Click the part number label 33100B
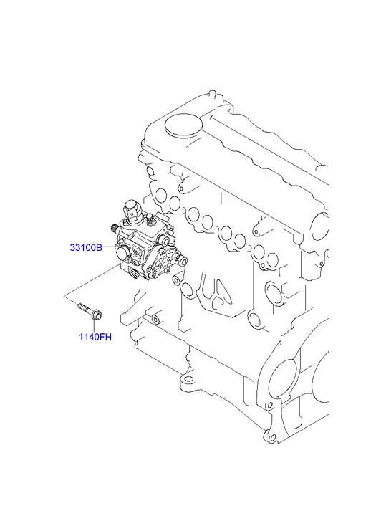click(86, 247)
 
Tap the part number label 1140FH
click(95, 337)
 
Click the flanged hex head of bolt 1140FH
click(97, 315)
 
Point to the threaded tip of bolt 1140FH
click(80, 305)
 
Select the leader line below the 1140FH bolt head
click(95, 327)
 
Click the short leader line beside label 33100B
click(108, 247)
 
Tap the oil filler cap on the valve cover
click(183, 126)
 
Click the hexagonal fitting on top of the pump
click(132, 211)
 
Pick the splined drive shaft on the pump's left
click(115, 228)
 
